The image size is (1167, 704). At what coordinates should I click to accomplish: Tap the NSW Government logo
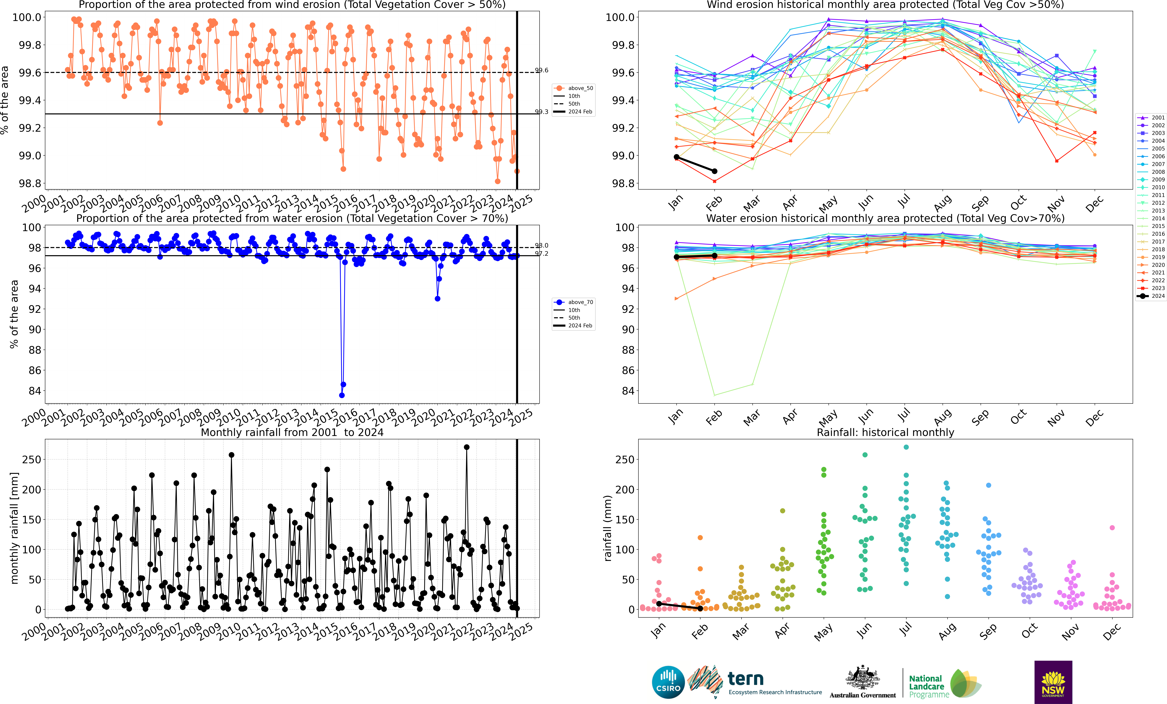pyautogui.click(x=1053, y=682)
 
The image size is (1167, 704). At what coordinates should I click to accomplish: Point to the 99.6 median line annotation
pyautogui.click(x=541, y=70)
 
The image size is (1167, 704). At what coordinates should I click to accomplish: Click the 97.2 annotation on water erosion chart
pyautogui.click(x=541, y=254)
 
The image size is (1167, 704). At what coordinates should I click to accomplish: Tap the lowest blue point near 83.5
pyautogui.click(x=341, y=395)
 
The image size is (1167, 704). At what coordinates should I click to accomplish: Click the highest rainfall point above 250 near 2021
pyautogui.click(x=467, y=447)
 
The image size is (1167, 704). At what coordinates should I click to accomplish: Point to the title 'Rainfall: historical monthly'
pyautogui.click(x=885, y=432)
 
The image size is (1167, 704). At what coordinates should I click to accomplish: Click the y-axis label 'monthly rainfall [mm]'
pyautogui.click(x=14, y=528)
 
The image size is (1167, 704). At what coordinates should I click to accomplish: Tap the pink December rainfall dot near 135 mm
pyautogui.click(x=1112, y=527)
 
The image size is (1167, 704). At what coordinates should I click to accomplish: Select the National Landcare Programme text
pyautogui.click(x=928, y=686)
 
